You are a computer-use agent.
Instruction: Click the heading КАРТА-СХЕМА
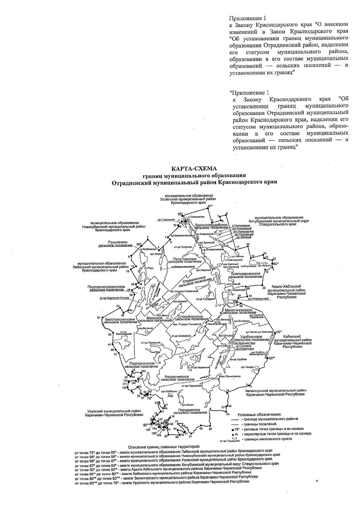[x=193, y=169]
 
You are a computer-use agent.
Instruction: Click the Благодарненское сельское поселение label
[x=244, y=275]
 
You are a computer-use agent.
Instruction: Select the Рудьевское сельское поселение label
[x=116, y=243]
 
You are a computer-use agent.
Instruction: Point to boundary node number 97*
[x=210, y=206]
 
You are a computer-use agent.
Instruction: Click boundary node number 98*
[x=180, y=214]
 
